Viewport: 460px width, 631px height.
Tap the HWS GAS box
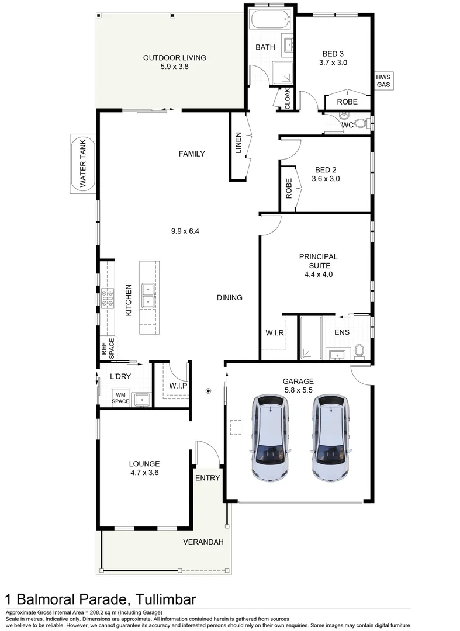point(384,81)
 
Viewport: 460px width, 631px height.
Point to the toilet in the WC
point(361,124)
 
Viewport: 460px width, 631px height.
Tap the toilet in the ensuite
point(359,351)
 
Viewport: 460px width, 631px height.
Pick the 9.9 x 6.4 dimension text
point(186,231)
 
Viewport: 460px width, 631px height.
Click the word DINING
point(229,298)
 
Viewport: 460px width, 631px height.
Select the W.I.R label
point(275,333)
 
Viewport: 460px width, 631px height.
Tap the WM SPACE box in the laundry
point(121,398)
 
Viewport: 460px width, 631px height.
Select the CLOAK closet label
point(287,99)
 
